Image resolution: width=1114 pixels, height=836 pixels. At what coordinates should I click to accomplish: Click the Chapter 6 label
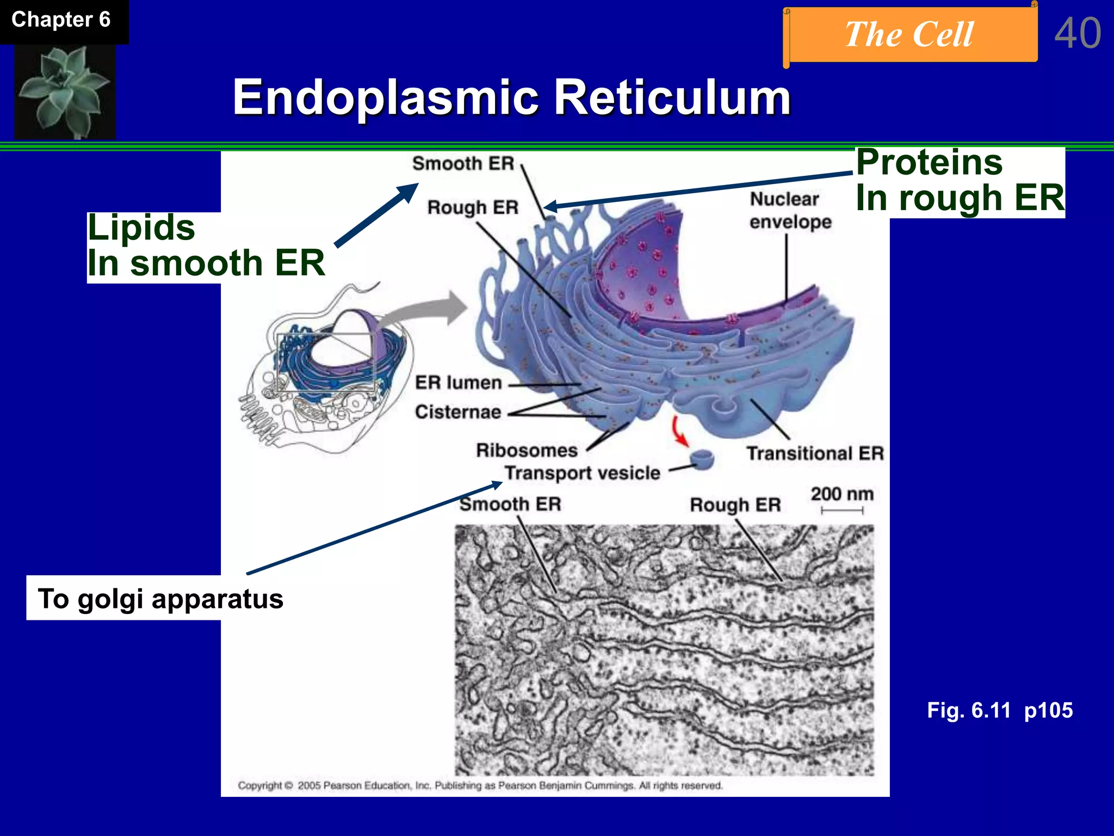(61, 20)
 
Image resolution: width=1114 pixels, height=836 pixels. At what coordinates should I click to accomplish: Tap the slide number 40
(1078, 34)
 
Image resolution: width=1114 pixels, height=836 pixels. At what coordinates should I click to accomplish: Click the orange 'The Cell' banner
(909, 35)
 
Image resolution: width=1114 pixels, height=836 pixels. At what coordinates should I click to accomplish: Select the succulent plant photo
(65, 91)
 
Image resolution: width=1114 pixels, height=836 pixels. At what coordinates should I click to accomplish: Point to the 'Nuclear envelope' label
(790, 211)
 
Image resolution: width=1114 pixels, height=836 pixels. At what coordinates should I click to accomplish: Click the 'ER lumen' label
(458, 383)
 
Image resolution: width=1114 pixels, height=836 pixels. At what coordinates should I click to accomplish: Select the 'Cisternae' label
(458, 412)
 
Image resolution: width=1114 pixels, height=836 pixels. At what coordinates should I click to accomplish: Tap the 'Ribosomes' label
(527, 450)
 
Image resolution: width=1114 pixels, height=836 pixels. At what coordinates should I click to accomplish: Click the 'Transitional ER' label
(815, 453)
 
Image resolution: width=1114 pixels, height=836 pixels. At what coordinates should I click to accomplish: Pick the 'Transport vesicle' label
(582, 473)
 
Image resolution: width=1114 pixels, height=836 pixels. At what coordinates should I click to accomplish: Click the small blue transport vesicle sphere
(702, 459)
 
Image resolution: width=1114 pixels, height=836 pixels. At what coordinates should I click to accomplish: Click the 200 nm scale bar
(842, 510)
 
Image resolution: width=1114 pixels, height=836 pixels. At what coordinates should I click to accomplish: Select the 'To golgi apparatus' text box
(160, 599)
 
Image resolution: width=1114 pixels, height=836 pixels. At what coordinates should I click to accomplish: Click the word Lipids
(141, 228)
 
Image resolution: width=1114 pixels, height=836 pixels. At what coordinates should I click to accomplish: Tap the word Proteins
(929, 162)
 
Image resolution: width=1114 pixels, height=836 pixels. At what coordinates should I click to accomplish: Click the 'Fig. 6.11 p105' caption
(1000, 710)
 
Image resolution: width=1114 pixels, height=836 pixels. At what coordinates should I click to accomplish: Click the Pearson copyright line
(480, 785)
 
